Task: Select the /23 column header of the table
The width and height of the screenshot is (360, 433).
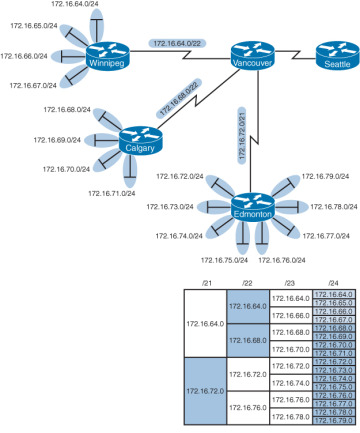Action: pyautogui.click(x=290, y=284)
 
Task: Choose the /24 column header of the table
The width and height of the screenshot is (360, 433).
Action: pyautogui.click(x=332, y=284)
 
